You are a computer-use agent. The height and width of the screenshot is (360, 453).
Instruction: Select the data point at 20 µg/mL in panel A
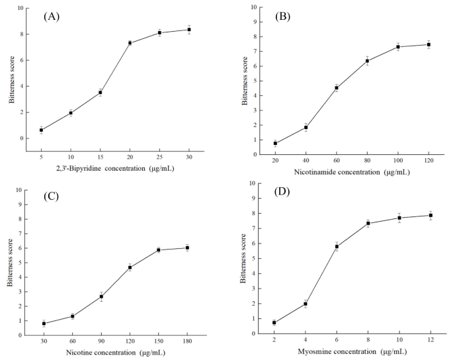click(130, 43)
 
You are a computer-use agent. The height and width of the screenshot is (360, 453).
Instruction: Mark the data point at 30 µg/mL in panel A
click(189, 29)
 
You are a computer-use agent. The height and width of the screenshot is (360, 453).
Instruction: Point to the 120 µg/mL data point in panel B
click(429, 44)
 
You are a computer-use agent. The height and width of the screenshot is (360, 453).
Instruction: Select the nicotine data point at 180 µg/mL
click(188, 247)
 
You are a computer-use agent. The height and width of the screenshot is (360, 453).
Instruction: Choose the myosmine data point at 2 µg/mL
click(274, 322)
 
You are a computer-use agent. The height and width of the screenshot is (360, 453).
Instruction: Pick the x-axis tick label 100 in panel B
click(398, 161)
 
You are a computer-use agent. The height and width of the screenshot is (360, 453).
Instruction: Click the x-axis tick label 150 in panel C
click(158, 342)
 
